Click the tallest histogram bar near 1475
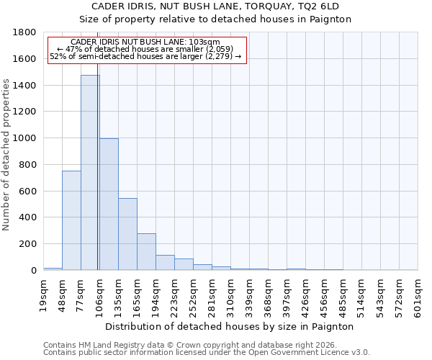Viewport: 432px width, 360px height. coord(90,173)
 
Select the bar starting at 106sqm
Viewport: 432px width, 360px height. coord(109,204)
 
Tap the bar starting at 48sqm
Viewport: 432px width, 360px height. coord(71,220)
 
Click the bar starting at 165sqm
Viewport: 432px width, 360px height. coord(146,252)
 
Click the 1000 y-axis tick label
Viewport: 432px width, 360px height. coord(25,138)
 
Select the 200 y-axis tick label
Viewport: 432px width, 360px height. coord(28,244)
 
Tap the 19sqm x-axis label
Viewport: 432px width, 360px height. coord(44,294)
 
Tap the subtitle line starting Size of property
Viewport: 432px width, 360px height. coord(215,19)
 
